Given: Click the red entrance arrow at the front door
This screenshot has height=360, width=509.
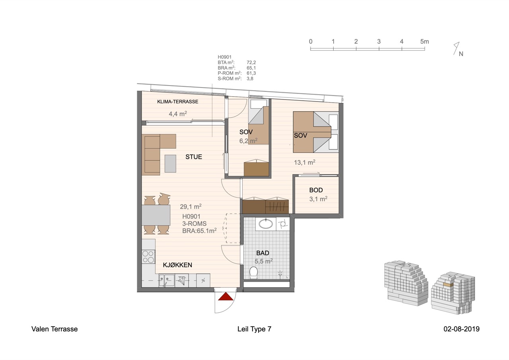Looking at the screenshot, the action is [225, 297].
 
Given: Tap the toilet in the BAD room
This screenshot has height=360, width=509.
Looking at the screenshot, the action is [254, 272].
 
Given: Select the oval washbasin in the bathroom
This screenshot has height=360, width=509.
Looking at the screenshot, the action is [266, 224].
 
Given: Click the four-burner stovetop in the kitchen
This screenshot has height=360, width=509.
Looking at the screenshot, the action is [148, 257].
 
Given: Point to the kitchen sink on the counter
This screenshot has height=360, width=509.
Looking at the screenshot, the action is [167, 280].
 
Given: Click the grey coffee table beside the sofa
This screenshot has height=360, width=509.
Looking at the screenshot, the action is [170, 163].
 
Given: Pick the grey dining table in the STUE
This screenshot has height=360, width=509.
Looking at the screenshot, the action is [156, 215].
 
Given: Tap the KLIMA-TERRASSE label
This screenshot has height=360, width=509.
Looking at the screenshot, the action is [178, 101].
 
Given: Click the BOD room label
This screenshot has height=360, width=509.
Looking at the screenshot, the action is [316, 190].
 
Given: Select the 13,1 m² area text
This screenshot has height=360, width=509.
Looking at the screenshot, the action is [305, 162].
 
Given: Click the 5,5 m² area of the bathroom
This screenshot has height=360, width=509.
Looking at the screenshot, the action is [264, 261].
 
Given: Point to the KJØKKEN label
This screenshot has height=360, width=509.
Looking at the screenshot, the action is [177, 265].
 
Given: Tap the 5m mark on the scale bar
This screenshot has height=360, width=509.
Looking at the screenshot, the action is [424, 42].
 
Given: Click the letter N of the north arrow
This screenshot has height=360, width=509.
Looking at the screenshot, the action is [461, 54].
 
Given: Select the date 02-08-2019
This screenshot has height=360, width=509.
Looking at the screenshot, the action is [462, 329].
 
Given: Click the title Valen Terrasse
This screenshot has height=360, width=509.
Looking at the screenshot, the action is [54, 329].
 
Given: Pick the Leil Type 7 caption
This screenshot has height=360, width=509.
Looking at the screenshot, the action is [254, 329].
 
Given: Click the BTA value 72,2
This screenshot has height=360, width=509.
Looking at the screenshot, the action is [251, 62].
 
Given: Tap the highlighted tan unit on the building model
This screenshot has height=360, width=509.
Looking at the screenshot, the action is [448, 284].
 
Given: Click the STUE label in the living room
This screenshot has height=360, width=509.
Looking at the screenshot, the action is [194, 157].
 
